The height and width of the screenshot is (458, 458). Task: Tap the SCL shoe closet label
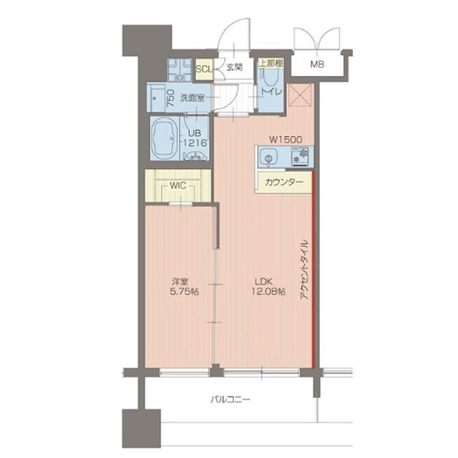click(203, 69)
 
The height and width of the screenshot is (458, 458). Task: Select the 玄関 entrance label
click(233, 69)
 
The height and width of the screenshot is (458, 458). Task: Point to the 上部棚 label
click(271, 64)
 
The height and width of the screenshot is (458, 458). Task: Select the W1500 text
click(285, 140)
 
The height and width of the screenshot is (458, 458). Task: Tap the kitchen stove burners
click(301, 155)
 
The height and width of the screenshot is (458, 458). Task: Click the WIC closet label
click(178, 185)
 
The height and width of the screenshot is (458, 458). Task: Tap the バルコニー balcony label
click(230, 399)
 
